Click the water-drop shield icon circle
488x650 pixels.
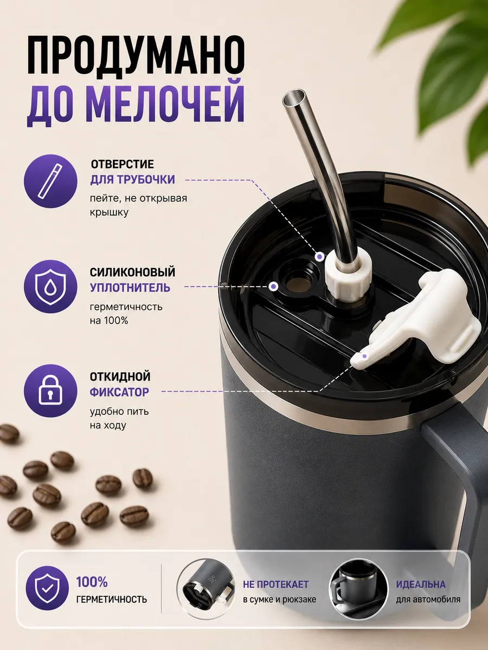(50, 287)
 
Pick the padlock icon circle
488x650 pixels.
(50, 391)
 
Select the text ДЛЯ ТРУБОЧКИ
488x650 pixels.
(132, 179)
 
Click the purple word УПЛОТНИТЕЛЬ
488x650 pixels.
(130, 288)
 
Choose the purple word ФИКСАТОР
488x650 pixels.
(119, 392)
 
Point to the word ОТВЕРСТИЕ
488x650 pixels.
(122, 164)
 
